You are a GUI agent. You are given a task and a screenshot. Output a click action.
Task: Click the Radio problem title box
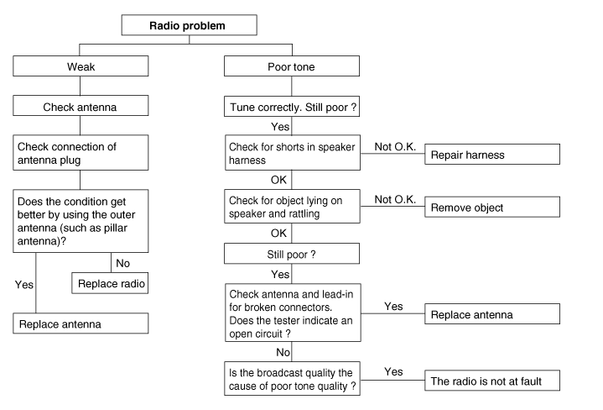point(190,25)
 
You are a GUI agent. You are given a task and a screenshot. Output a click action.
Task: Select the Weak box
point(81,66)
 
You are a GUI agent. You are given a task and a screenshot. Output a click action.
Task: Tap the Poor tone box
point(292,66)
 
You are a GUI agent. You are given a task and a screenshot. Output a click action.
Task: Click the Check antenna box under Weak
point(81,106)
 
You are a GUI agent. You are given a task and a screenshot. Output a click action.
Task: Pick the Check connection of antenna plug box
point(81,153)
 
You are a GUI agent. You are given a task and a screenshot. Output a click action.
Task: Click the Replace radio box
point(110,283)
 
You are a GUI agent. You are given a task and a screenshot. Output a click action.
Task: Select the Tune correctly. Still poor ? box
point(292,107)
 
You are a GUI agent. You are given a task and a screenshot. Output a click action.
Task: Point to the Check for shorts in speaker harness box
point(293,153)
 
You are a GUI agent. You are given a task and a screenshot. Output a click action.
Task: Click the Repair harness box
point(492,154)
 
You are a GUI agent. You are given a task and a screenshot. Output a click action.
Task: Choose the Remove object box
point(492,207)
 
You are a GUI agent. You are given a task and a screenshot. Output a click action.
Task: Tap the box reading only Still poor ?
point(292,254)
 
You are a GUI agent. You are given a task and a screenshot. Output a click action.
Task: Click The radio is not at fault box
point(492,381)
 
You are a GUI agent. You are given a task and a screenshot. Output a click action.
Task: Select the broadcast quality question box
point(292,378)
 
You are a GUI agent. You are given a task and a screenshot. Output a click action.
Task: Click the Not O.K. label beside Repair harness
point(395,147)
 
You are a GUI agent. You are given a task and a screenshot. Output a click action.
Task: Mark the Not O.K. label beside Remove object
point(395,200)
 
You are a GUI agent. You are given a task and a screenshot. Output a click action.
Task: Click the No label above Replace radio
point(123,263)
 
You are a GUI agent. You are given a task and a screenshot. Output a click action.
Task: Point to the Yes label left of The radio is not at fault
point(394,372)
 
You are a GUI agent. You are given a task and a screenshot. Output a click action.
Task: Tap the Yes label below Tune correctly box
point(280,127)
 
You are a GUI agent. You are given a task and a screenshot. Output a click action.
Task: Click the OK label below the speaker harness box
point(278,180)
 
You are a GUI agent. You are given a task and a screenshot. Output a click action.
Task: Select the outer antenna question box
point(81,221)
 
